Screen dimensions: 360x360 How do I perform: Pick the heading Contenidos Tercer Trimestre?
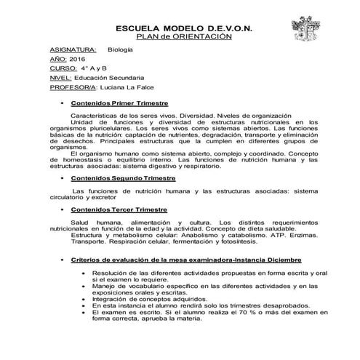coord(119,209)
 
